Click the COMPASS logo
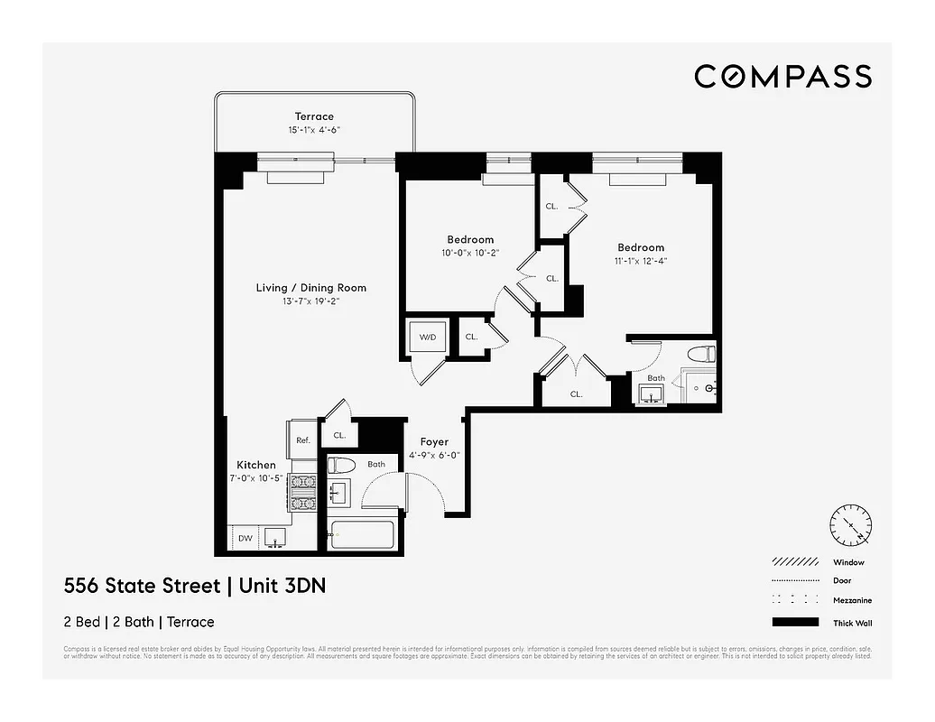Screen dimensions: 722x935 point(782,77)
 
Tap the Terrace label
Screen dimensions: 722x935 point(314,116)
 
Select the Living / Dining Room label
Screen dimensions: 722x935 point(311,288)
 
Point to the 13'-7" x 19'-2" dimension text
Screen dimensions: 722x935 point(311,301)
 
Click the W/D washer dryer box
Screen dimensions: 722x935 point(427,338)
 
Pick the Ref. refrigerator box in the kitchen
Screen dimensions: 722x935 point(303,440)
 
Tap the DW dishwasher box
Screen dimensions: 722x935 point(245,539)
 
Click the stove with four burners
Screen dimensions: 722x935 point(303,493)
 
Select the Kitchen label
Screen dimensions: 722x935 point(256,465)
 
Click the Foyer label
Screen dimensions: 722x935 point(434,442)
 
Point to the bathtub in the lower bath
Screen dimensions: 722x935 point(361,535)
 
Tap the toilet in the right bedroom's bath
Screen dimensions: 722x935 point(700,353)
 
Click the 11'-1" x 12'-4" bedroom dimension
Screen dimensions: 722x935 point(641,261)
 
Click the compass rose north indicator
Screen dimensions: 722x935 point(852,523)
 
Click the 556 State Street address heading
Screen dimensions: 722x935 point(195,586)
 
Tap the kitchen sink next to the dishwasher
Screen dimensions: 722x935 point(275,539)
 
